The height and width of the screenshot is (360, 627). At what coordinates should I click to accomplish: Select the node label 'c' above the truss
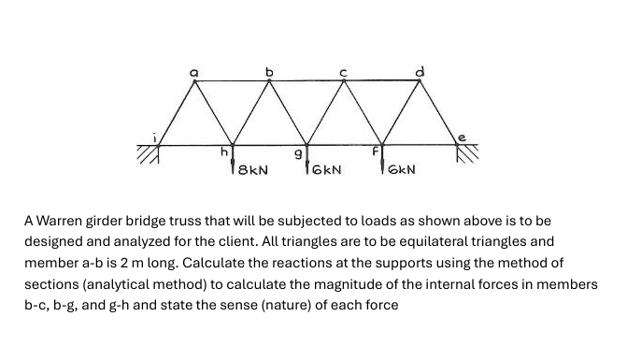click(x=344, y=70)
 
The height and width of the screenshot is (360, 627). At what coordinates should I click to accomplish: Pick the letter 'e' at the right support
click(x=460, y=137)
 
